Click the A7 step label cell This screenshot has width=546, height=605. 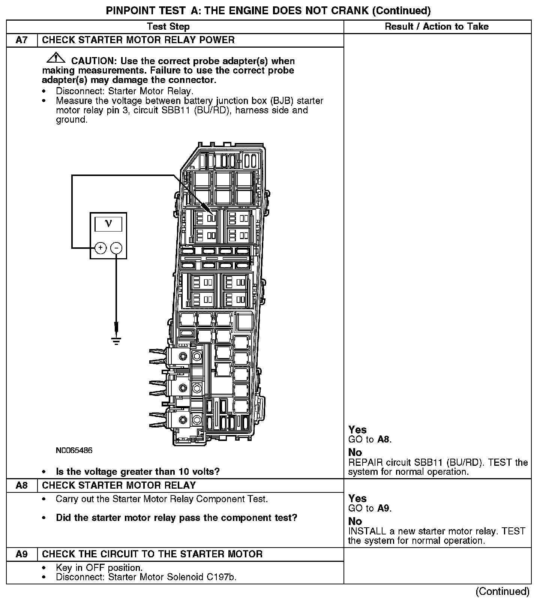coord(22,40)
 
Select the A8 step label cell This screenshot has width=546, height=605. coord(22,486)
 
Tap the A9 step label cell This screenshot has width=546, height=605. coord(22,554)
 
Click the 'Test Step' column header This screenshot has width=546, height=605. coord(168,27)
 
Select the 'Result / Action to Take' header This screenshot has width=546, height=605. coord(437,27)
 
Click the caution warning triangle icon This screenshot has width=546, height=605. coord(55,58)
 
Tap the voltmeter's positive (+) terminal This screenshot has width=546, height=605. coord(100,248)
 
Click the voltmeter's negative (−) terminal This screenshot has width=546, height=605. coord(117,248)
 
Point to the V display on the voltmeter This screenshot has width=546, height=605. coord(108,224)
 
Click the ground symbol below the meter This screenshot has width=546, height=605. coord(116,340)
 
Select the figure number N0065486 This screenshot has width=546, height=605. coord(74,450)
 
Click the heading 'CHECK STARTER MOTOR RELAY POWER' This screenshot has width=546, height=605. coord(138,40)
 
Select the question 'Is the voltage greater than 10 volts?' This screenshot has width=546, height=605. coord(138,471)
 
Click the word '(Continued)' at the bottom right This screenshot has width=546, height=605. coord(502,592)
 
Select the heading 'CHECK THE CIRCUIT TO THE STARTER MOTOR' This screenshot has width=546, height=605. coord(152,554)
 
